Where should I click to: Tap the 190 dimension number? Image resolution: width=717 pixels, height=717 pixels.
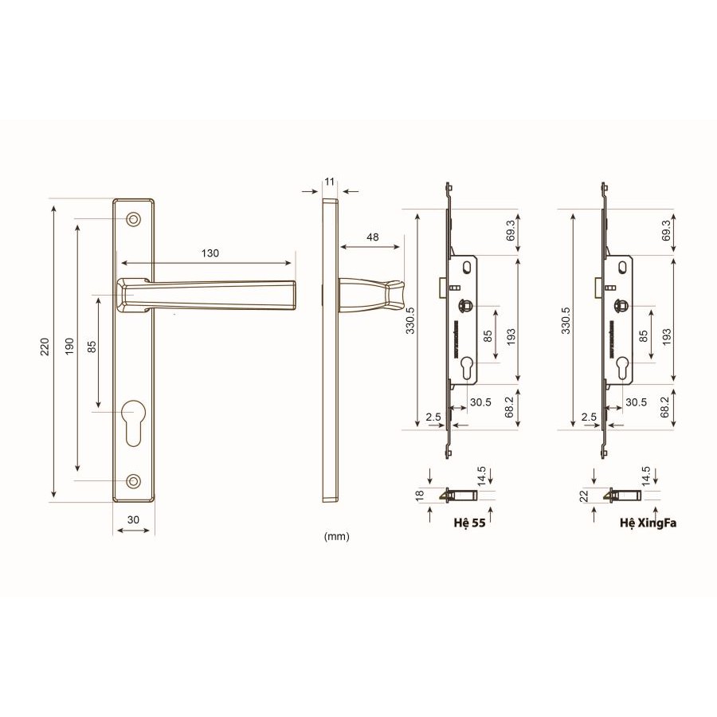69,347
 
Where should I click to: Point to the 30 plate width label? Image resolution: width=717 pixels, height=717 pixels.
133,519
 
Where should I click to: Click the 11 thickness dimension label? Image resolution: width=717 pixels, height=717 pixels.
329,182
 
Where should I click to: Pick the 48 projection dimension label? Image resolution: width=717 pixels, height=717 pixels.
373,237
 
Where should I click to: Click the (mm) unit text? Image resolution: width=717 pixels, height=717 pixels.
337,536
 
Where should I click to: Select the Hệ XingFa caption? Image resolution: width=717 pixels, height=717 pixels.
647,525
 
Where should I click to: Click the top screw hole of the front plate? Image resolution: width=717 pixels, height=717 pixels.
133,217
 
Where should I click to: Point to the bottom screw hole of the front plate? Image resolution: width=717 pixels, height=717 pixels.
133,480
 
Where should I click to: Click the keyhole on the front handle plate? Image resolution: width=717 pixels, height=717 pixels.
133,420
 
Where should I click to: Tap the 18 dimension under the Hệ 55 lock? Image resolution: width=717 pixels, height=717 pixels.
419,495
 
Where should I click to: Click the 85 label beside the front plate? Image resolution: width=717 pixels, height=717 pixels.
92,347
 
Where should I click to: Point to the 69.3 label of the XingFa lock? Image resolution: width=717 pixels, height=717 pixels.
666,231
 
